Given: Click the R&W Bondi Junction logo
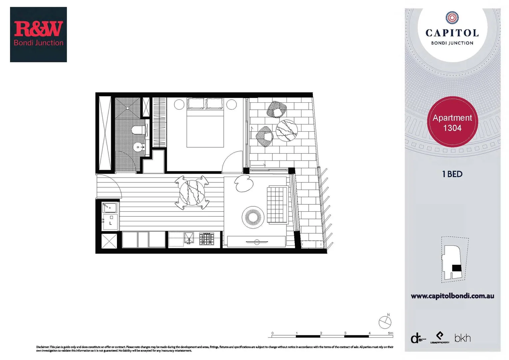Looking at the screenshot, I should click(38, 34).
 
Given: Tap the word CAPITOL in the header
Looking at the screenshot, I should click(452, 33).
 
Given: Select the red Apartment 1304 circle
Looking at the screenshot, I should click(452, 122).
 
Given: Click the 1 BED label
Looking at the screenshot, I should click(452, 174).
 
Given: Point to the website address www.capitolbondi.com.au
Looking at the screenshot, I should click(452, 296).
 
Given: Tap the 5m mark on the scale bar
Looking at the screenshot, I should click(390, 333).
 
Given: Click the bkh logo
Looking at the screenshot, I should click(462, 338).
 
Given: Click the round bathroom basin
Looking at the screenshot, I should click(138, 146).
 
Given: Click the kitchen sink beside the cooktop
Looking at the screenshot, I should click(189, 238).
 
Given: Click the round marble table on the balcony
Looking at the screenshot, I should click(286, 130).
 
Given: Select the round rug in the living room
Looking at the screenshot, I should click(253, 217).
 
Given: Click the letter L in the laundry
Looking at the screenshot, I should click(111, 223).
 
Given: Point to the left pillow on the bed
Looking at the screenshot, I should click(196, 104).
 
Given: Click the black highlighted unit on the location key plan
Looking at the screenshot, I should click(456, 268).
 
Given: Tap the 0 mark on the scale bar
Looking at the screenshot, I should click(272, 333).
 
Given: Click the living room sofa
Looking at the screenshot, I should click(277, 205).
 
